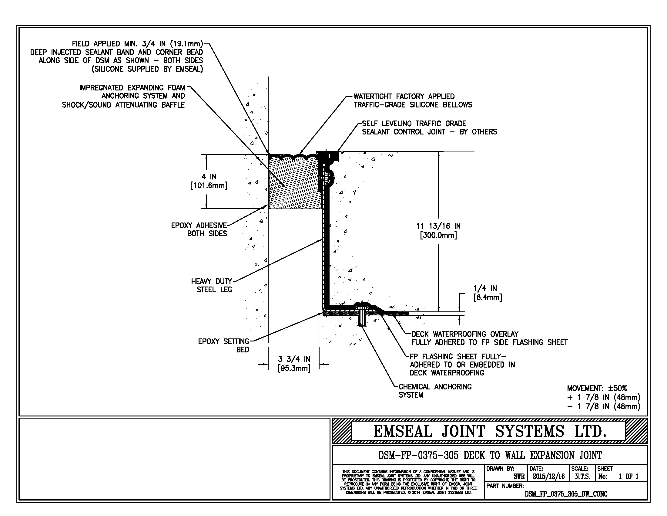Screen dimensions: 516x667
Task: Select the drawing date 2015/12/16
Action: [548, 476]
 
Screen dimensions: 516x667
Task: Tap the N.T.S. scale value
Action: [582, 476]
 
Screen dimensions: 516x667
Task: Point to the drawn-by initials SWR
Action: [519, 476]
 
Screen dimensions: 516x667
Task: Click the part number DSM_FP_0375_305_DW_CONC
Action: [566, 494]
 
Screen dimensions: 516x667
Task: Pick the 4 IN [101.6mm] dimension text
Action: [209, 181]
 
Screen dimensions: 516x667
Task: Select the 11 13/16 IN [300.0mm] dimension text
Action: [438, 230]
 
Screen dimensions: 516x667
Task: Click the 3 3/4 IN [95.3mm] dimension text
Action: [294, 363]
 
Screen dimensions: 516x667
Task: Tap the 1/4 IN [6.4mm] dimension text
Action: [488, 293]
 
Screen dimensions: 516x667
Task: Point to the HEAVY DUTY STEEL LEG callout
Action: [212, 285]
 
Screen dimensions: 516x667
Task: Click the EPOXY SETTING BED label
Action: [223, 345]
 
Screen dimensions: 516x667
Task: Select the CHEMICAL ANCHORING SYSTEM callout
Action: [435, 391]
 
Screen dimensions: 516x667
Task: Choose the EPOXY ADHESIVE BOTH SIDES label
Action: [199, 229]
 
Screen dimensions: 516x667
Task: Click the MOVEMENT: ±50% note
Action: [597, 388]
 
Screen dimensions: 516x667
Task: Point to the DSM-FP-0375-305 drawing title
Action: [490, 455]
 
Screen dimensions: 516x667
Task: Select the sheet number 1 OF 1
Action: [628, 476]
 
